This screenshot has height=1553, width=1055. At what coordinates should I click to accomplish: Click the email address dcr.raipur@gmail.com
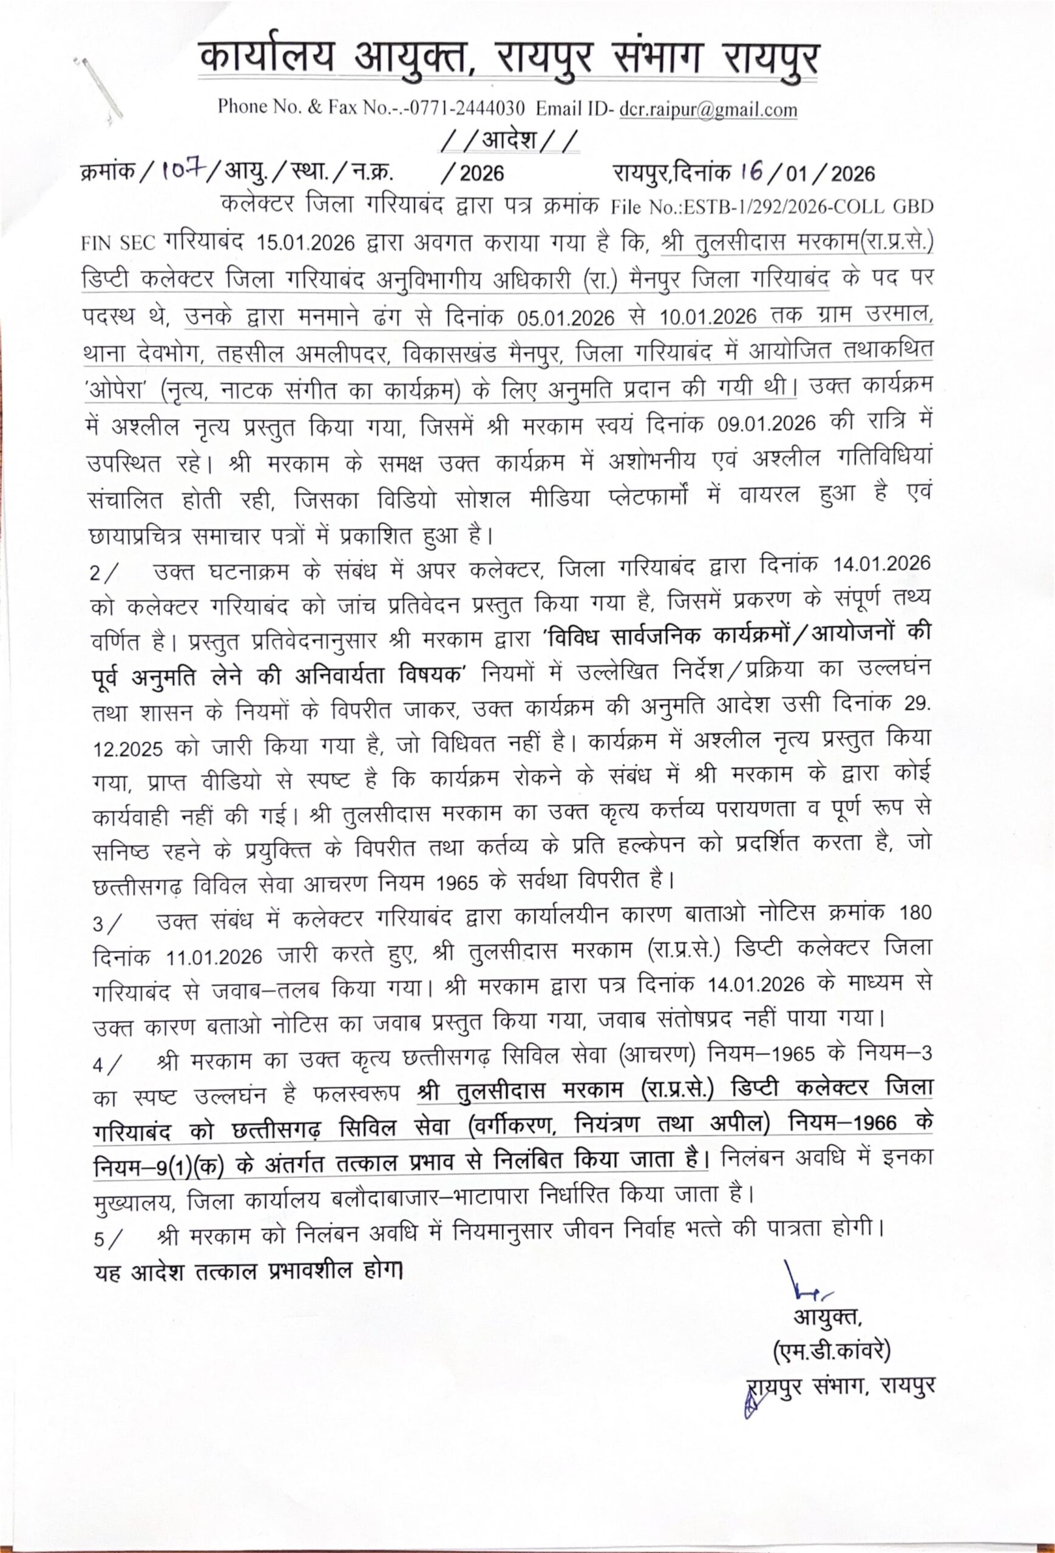[708, 109]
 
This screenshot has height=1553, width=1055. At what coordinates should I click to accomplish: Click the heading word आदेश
[511, 142]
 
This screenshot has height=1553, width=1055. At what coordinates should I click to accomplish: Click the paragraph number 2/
[106, 573]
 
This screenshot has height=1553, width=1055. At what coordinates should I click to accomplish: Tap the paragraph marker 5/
[107, 1238]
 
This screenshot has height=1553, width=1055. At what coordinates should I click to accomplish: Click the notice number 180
[915, 913]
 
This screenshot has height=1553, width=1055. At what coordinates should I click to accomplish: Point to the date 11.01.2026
[215, 957]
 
